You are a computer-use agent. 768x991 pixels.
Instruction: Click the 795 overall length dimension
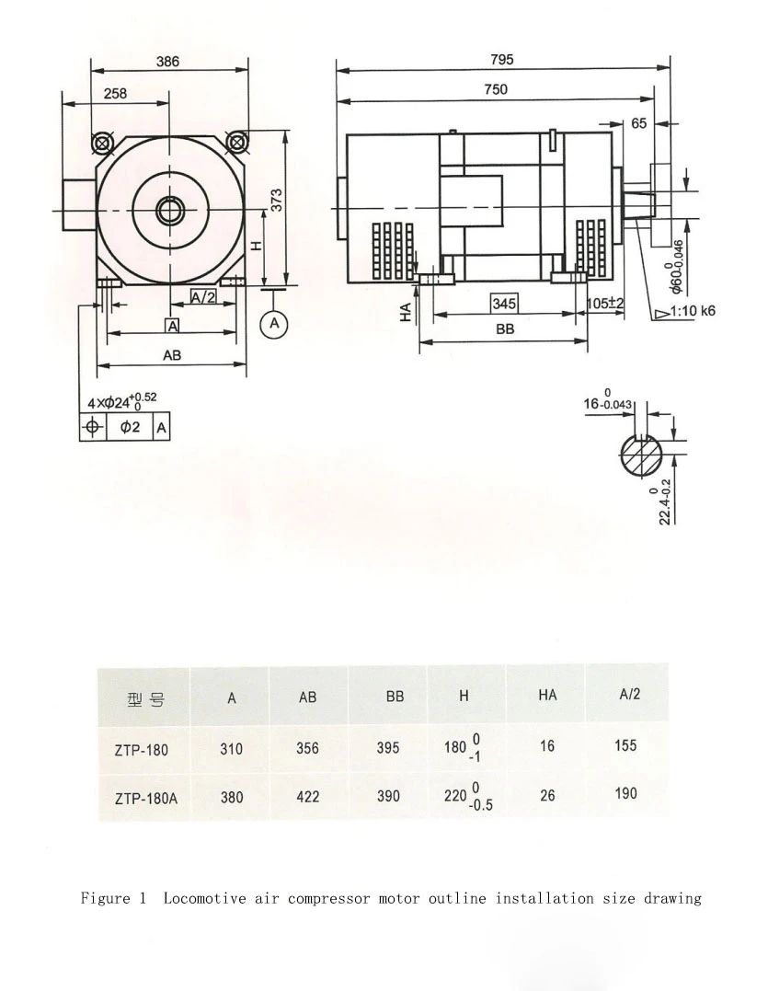tap(502, 60)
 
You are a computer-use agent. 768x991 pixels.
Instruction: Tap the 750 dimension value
tap(496, 89)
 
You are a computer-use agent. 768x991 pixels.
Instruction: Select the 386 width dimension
tap(167, 62)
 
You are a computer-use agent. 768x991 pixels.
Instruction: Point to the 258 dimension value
tap(115, 94)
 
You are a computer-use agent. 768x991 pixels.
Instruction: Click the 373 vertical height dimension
tap(275, 201)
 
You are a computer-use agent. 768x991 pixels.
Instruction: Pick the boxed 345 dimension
tap(504, 304)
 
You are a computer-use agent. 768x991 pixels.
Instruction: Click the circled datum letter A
tap(274, 324)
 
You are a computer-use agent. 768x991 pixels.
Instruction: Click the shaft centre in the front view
tap(169, 211)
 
